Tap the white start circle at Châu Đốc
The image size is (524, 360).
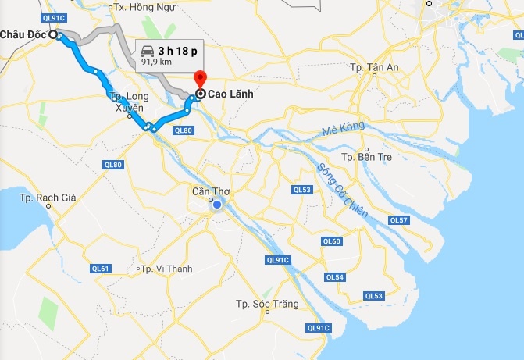click(53, 34)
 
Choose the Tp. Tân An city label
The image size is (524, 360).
click(376, 68)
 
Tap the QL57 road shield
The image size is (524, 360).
click(398, 220)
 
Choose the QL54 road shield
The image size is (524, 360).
click(335, 277)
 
